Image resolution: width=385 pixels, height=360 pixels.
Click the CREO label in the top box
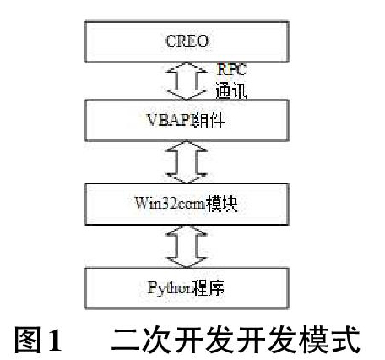click(187, 41)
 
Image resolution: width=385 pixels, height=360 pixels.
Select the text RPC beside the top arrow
click(232, 70)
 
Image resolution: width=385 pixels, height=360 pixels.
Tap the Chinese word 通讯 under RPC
click(231, 90)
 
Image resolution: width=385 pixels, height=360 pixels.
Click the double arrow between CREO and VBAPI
click(187, 81)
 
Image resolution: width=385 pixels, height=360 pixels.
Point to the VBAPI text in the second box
click(170, 120)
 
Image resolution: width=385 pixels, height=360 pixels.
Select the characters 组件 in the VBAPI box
click(209, 120)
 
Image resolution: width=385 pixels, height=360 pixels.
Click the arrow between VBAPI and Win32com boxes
click(187, 162)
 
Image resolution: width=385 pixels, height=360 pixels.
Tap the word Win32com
click(171, 204)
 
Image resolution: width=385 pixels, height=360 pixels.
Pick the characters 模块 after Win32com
click(222, 204)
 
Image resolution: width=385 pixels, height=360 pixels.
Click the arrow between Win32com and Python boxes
click(187, 247)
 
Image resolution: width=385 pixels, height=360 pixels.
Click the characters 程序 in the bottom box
click(209, 288)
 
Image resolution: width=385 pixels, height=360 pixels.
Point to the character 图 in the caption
click(28, 340)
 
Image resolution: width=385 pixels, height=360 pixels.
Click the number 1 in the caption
click(56, 340)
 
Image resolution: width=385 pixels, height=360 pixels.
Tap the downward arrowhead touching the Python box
click(187, 262)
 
